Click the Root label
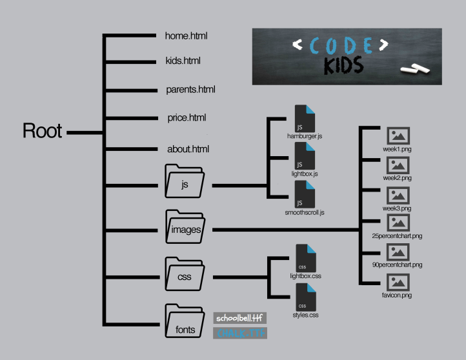pos(43,131)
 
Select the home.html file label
pos(187,36)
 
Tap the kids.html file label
pos(183,61)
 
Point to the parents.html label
pos(190,90)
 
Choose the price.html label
pos(187,118)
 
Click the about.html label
pos(188,149)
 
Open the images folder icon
pos(185,227)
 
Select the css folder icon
pos(185,276)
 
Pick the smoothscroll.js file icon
pos(304,194)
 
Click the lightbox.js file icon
pos(304,155)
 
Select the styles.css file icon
pos(305,297)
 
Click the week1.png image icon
pos(398,136)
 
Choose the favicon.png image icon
pos(398,282)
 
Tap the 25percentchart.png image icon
pos(398,223)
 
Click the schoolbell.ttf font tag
pos(239,318)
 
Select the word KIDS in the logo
pos(344,66)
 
